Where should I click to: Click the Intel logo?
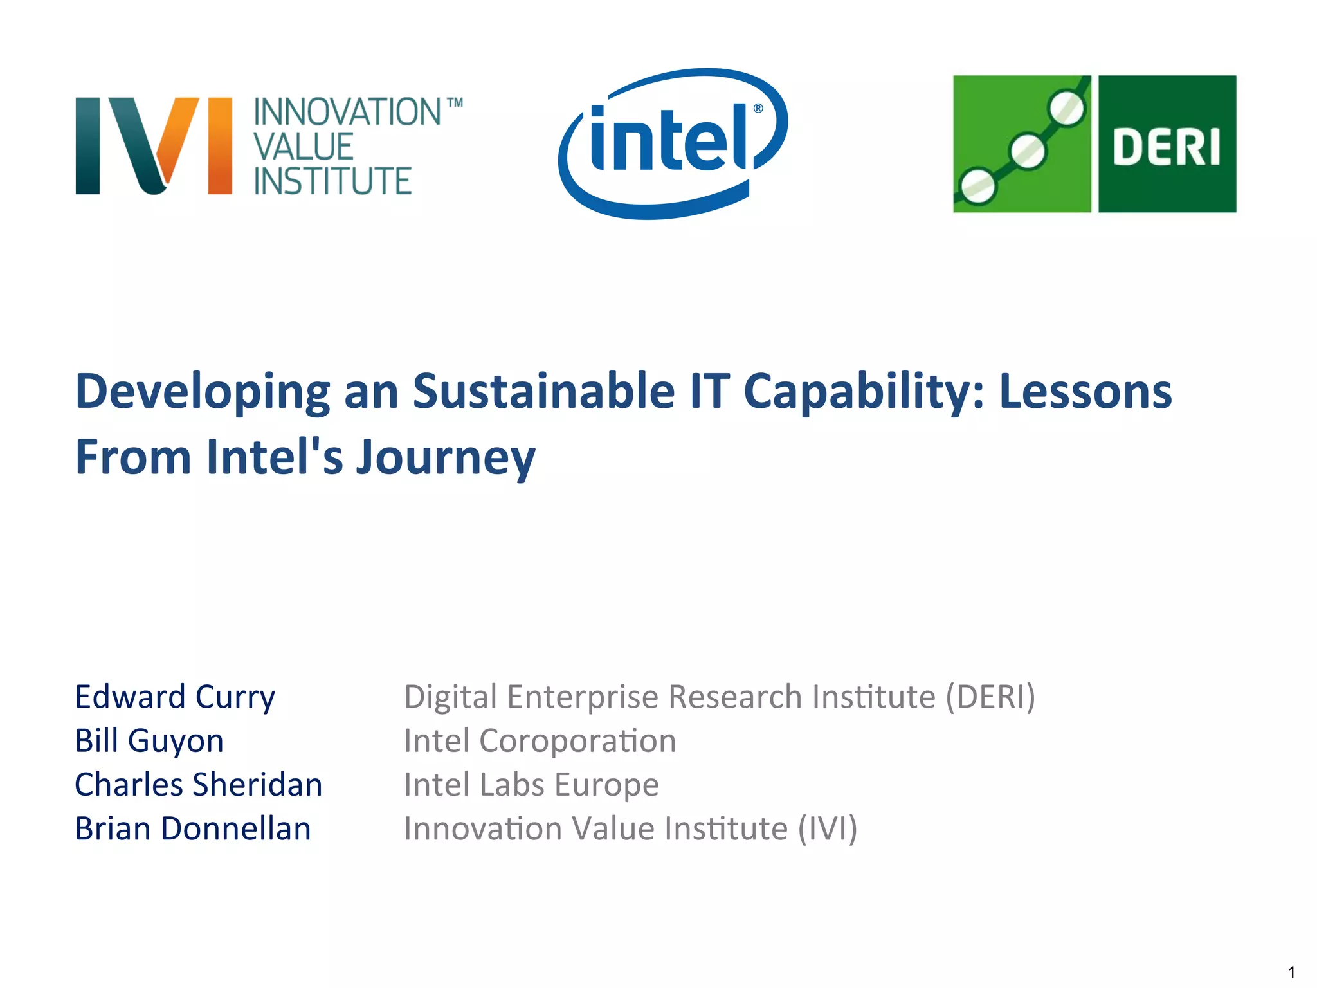pos(672,143)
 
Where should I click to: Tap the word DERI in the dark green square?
pos(1167,147)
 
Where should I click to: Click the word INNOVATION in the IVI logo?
pos(347,112)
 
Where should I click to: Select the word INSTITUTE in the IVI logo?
pos(332,181)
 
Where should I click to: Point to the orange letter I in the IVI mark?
pos(220,145)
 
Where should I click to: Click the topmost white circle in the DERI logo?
pos(1067,108)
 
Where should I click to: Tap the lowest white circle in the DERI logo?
pos(977,187)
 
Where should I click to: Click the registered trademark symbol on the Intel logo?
pos(758,108)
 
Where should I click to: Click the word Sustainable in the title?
pos(543,391)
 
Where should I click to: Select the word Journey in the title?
pos(445,458)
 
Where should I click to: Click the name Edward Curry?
pos(175,697)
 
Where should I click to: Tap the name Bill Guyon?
pos(149,741)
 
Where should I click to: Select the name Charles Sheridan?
pos(198,785)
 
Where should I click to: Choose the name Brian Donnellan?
pos(193,828)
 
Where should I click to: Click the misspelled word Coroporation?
pos(577,741)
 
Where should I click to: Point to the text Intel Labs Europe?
pos(531,785)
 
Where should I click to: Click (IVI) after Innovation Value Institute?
pos(827,828)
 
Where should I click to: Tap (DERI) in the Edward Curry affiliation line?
pos(990,697)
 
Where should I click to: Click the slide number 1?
pos(1291,972)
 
